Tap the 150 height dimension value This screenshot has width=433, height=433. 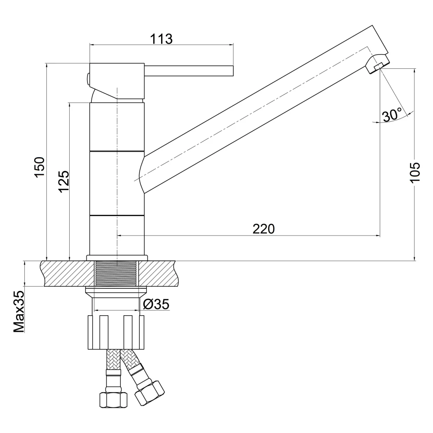point(39,167)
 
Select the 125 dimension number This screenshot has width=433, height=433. point(64,181)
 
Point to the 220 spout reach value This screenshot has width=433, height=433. point(264,229)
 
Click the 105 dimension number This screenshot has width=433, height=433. point(415,173)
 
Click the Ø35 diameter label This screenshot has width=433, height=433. point(156,304)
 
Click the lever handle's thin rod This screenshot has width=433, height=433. point(189,71)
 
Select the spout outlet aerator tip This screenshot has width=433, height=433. point(377,67)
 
